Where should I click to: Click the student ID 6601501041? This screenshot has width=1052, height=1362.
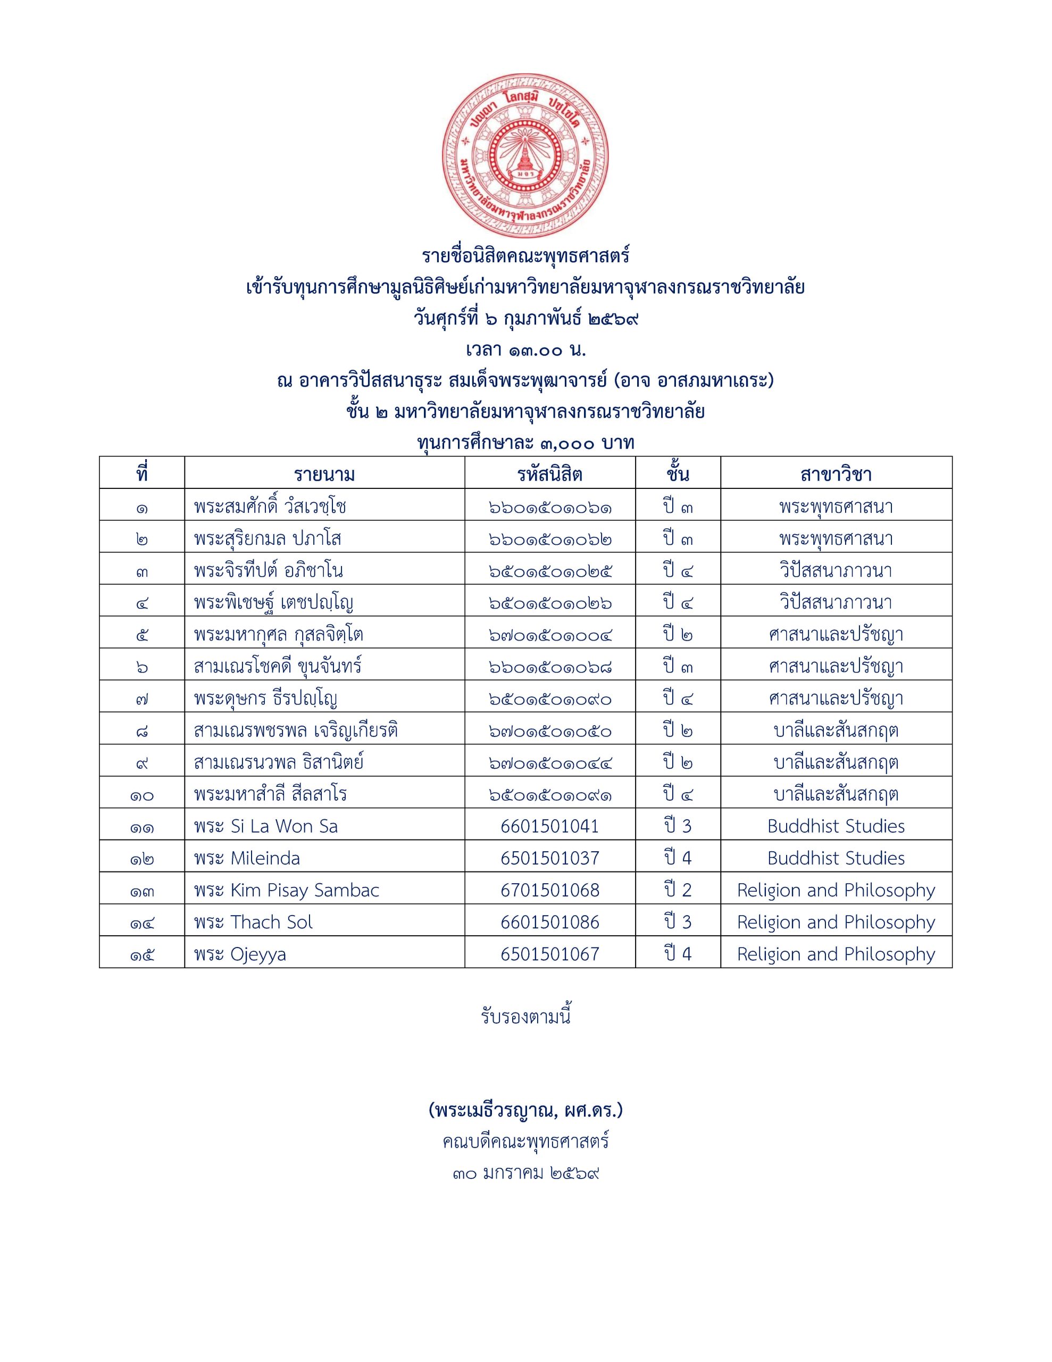(549, 826)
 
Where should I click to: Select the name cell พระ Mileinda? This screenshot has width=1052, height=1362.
(247, 858)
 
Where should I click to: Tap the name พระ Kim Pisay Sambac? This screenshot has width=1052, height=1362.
(286, 890)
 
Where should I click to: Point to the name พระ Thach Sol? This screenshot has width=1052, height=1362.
(253, 923)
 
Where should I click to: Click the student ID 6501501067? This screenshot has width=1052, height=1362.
(549, 954)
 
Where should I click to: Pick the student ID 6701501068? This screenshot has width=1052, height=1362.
(549, 890)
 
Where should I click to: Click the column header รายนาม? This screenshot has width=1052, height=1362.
(324, 475)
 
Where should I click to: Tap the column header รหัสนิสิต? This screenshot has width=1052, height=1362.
(549, 475)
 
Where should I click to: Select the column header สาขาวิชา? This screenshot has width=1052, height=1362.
(836, 475)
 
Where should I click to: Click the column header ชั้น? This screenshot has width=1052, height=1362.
(677, 475)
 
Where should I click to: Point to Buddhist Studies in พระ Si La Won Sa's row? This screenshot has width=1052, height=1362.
(836, 826)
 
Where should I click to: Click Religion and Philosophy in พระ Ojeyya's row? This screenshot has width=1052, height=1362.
(836, 954)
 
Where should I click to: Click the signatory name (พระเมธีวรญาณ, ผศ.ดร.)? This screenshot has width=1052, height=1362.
(525, 1110)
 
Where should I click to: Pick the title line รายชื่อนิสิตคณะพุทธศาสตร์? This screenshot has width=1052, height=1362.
(525, 256)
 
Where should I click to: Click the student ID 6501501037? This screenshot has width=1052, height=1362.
(549, 858)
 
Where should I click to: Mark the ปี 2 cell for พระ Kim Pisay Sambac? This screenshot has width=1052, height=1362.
(677, 890)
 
